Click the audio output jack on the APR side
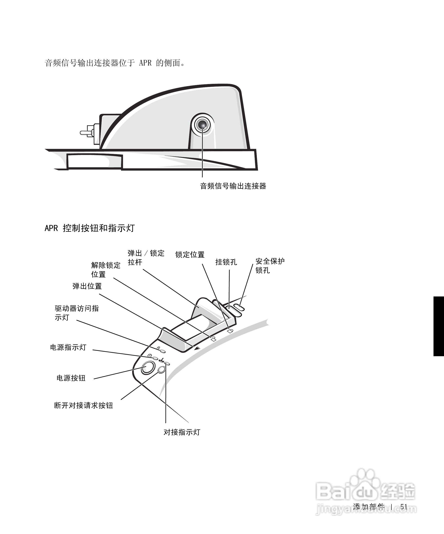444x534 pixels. click(203, 125)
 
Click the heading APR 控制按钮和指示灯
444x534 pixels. click(89, 228)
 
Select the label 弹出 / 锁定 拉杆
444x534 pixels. click(146, 258)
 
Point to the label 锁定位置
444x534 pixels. click(190, 255)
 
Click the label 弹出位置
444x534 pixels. click(87, 286)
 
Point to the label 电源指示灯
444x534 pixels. click(68, 347)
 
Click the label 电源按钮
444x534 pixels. click(71, 378)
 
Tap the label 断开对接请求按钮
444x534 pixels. click(83, 405)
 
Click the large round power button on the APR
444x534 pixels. click(148, 368)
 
